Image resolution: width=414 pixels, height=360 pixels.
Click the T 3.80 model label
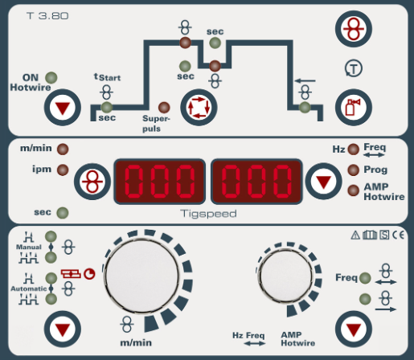tap(47, 16)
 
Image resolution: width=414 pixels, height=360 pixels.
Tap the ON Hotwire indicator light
tap(51, 78)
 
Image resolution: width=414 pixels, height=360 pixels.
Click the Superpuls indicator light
tap(164, 108)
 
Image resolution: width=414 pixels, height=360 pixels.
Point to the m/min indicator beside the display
tap(63, 149)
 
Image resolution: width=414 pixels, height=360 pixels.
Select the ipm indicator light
tap(63, 170)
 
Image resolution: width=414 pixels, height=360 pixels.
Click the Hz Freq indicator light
tap(353, 149)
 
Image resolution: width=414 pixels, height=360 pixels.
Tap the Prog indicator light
tap(353, 170)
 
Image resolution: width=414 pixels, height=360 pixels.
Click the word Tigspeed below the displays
tap(208, 214)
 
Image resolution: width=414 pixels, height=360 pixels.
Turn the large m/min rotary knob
tap(141, 275)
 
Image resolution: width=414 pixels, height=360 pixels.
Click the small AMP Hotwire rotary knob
tap(285, 275)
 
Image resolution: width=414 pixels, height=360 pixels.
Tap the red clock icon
tap(89, 274)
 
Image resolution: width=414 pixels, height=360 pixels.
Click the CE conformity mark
tap(398, 235)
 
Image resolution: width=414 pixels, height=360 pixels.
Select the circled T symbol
tap(354, 68)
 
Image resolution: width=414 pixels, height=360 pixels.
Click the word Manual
tap(29, 247)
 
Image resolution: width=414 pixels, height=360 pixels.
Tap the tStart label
tap(107, 77)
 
